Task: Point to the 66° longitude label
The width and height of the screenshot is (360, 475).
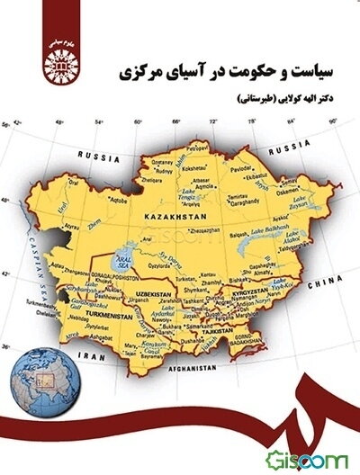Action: [x=175, y=119]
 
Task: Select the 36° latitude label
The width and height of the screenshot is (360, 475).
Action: [x=7, y=345]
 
